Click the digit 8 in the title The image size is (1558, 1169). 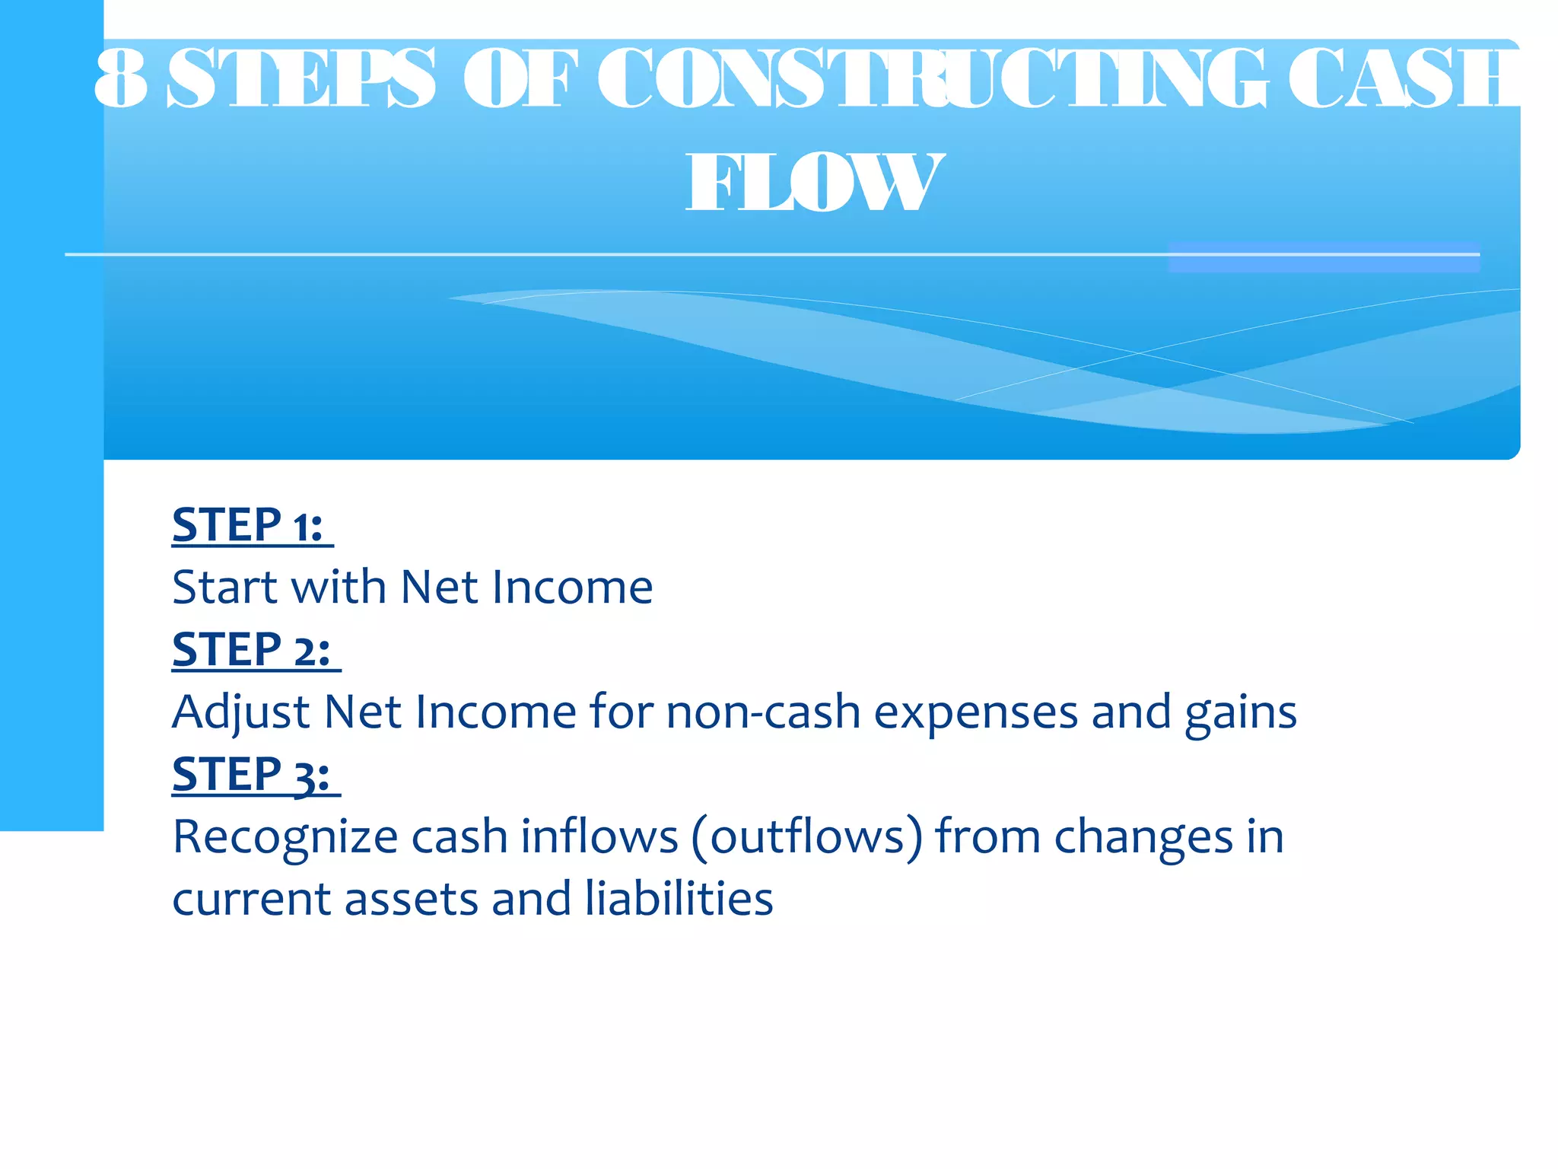tap(122, 78)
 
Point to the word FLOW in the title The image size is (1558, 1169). tap(814, 183)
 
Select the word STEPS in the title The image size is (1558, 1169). tap(301, 78)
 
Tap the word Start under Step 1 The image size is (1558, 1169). tap(224, 588)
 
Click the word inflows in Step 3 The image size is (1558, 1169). tap(599, 837)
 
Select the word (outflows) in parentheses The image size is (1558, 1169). tap(807, 837)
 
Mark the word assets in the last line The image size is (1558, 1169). tap(411, 900)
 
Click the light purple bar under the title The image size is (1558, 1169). tap(1324, 257)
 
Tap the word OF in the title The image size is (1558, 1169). tap(517, 78)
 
